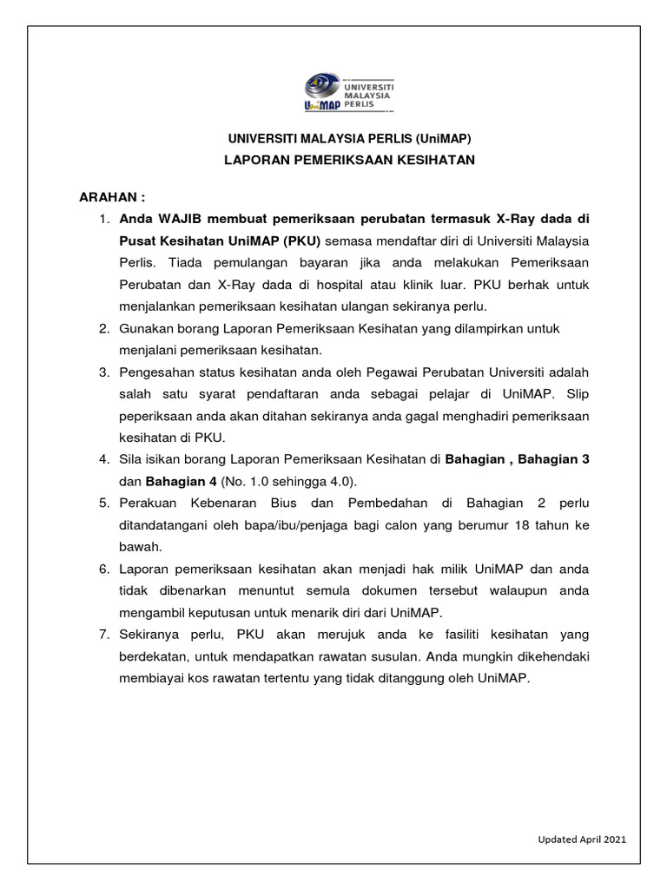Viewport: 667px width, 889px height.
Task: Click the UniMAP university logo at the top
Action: point(348,93)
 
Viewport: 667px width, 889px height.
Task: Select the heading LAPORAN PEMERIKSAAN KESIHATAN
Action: point(349,161)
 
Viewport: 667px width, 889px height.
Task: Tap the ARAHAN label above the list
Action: point(111,197)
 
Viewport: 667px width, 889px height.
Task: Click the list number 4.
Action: point(103,459)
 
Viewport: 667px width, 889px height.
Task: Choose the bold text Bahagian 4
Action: point(181,481)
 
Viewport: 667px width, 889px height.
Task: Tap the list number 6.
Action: point(103,569)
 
